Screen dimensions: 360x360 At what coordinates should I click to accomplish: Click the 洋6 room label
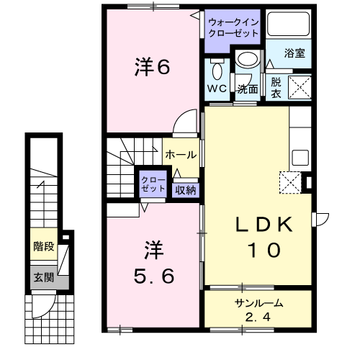coord(151,68)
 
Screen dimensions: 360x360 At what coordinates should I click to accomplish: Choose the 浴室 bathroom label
coord(294,53)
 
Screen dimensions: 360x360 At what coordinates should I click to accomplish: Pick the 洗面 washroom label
coord(248,89)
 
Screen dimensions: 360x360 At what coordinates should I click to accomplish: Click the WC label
coord(217,89)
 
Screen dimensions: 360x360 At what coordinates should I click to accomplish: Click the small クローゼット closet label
coord(153,183)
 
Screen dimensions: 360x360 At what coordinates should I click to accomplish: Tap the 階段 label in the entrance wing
coord(44,247)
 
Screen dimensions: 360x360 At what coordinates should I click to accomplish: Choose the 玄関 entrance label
coord(43,276)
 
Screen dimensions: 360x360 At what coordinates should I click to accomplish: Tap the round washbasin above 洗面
coord(248,60)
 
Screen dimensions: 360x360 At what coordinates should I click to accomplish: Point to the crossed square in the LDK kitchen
coord(292,183)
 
